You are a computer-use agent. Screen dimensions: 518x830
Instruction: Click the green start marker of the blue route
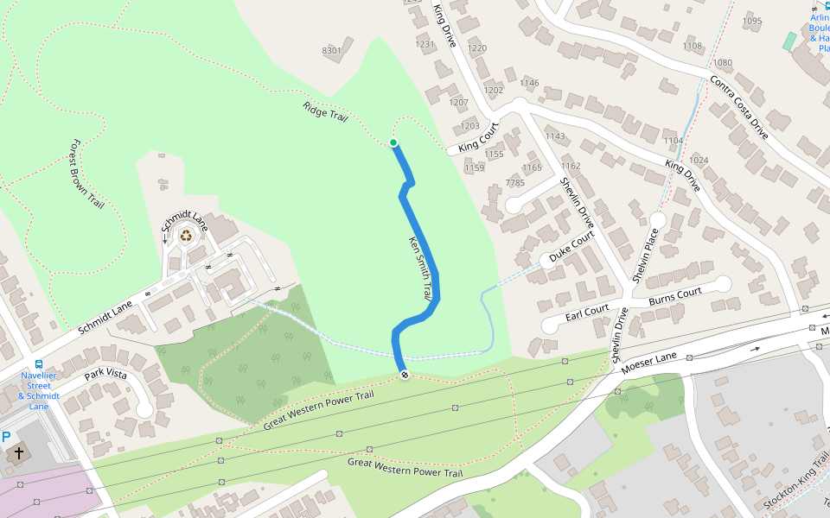point(393,142)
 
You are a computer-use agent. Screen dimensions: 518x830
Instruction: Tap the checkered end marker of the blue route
point(404,374)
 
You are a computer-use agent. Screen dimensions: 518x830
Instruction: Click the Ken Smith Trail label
point(419,268)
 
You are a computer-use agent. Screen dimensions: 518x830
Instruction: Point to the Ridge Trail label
point(325,111)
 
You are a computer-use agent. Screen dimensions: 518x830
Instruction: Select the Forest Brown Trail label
point(87,174)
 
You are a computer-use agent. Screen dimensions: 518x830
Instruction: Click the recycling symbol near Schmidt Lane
point(186,234)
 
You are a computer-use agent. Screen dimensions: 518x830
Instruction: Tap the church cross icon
point(18,453)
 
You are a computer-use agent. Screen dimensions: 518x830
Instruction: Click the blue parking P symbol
point(6,438)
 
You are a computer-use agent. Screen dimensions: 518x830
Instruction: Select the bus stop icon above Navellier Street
point(39,364)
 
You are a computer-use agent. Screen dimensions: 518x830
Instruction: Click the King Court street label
point(479,138)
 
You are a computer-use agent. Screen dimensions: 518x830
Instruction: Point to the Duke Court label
point(572,247)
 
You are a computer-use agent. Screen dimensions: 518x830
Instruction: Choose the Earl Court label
point(587,313)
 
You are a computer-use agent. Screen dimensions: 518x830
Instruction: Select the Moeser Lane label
point(648,362)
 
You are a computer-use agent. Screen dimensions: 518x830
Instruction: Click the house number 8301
point(332,51)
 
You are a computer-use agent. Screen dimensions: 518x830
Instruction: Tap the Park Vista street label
point(105,376)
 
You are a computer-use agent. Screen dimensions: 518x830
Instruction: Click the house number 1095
point(752,21)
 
